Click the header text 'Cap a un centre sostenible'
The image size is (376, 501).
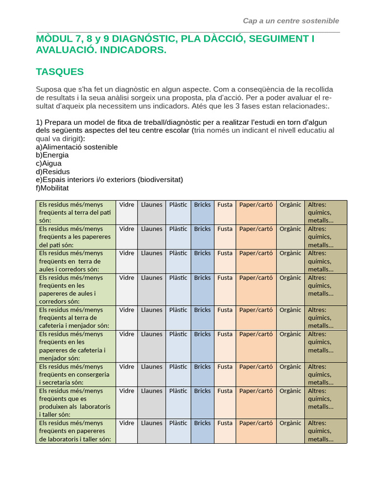click(291, 21)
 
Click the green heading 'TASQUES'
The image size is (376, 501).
click(60, 72)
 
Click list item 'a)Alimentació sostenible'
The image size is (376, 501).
click(77, 147)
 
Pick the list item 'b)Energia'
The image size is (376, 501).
click(52, 155)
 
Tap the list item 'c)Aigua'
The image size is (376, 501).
click(49, 163)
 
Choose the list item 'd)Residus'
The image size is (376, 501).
click(53, 172)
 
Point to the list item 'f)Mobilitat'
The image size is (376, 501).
click(52, 188)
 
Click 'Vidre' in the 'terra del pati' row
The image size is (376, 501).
click(126, 205)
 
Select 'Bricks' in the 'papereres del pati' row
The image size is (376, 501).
click(202, 229)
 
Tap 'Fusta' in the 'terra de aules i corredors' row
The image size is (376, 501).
click(225, 253)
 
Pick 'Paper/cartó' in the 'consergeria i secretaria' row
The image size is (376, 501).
click(256, 366)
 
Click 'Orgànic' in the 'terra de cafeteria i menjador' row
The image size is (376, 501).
click(290, 310)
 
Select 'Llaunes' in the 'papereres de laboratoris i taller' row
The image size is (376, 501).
click(151, 423)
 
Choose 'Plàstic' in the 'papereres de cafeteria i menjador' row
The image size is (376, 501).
click(178, 334)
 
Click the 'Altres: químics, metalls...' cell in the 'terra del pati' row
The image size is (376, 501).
click(321, 212)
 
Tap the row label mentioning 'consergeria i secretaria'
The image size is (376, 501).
click(74, 374)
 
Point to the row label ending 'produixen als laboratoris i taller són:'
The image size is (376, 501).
click(74, 403)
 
